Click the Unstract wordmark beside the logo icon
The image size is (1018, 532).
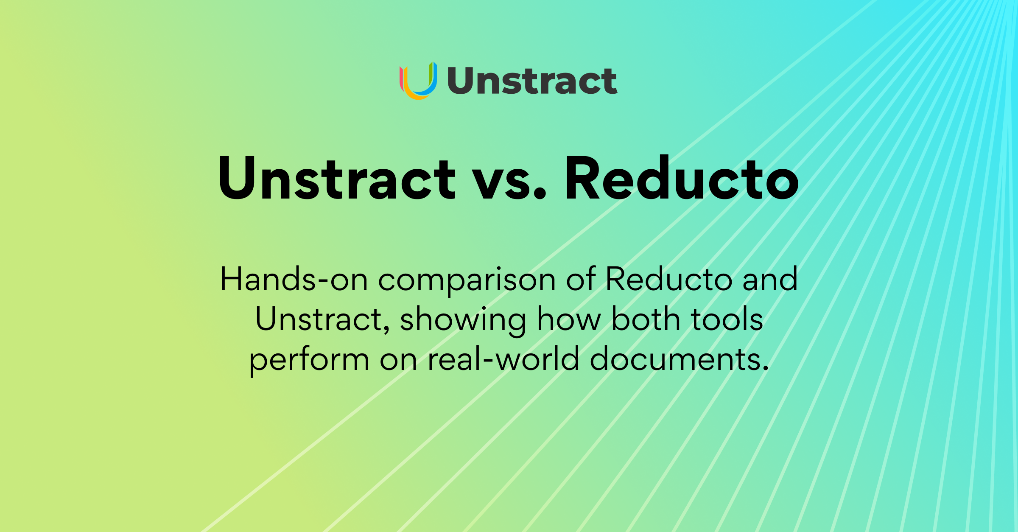532,81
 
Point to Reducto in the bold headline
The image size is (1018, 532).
682,178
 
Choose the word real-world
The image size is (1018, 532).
503,358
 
